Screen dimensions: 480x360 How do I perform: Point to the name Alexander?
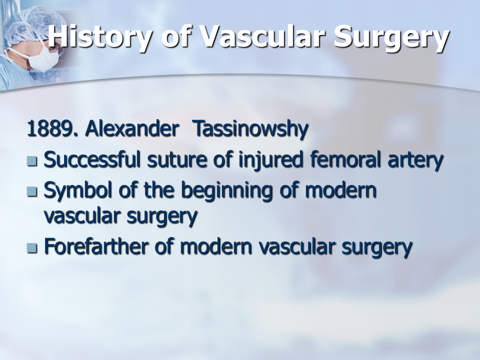click(132, 128)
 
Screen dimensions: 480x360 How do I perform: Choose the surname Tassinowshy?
click(250, 129)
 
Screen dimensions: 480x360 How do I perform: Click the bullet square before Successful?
click(32, 160)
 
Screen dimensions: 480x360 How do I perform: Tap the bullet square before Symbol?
click(32, 191)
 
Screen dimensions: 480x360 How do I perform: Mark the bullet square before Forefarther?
click(32, 247)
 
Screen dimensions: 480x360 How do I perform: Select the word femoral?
click(345, 159)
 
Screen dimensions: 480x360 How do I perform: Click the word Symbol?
click(78, 190)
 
